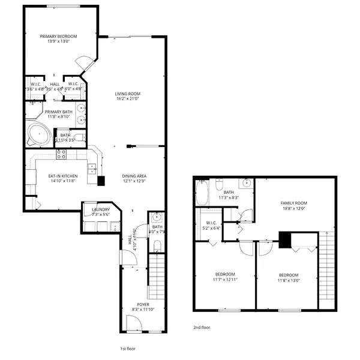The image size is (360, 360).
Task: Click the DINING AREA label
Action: [x=134, y=176]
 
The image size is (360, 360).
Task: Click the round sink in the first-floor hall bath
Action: [x=156, y=217]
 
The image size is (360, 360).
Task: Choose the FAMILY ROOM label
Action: [x=293, y=203]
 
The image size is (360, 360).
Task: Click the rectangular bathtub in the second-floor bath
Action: [x=202, y=194]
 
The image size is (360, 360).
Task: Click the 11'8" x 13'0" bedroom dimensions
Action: [x=288, y=280]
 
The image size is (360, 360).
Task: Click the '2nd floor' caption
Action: [x=202, y=328]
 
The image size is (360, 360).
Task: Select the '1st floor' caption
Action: [x=128, y=347]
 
